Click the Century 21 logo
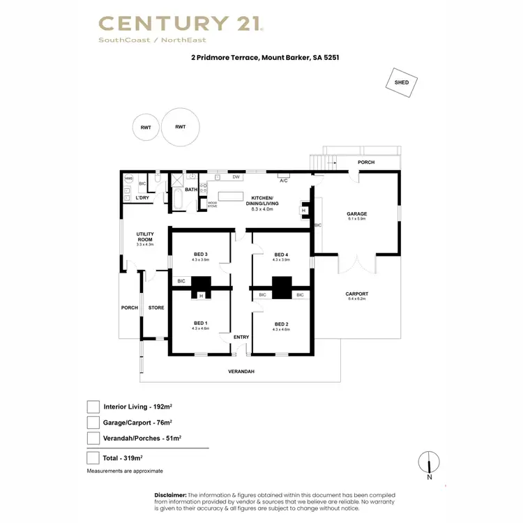coord(181,24)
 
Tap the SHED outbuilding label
coord(402,82)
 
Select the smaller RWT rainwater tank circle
coord(146,127)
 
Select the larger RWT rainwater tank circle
coord(180,126)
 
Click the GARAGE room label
coord(357,214)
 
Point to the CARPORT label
coord(357,294)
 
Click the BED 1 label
coord(200,323)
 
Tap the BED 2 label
coord(281,324)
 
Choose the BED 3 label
coord(201,254)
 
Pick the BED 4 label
coord(281,254)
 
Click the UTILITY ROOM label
coord(145,236)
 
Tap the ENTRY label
coord(241,338)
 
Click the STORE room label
coord(156,307)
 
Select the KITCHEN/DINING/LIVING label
coord(264,202)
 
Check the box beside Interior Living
coord(93,407)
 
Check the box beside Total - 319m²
coord(93,458)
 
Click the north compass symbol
coord(430,463)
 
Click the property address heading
coord(261,59)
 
